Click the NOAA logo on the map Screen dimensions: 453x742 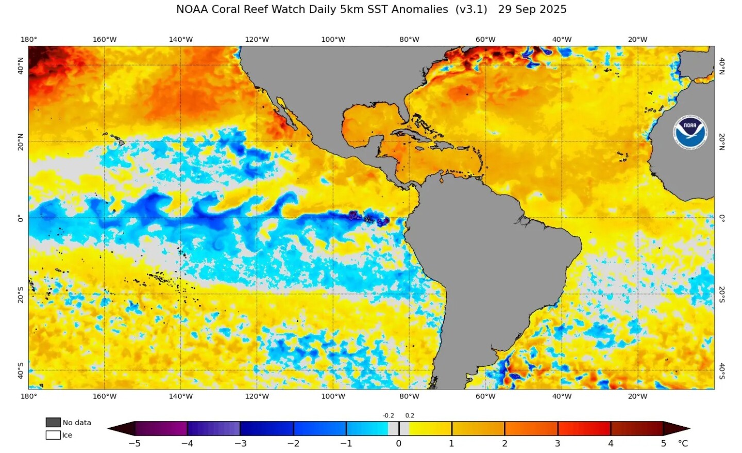[x=690, y=133]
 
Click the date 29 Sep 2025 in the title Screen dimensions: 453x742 [x=532, y=9]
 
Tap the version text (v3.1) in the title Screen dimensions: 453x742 [x=471, y=9]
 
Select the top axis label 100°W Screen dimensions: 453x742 [x=333, y=40]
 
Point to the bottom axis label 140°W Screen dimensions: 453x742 [x=180, y=396]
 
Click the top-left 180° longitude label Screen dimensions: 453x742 [x=29, y=40]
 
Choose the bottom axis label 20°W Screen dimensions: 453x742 [x=637, y=396]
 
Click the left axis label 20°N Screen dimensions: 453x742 [x=21, y=141]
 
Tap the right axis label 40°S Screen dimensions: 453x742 [x=722, y=370]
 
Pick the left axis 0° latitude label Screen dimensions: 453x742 [x=21, y=218]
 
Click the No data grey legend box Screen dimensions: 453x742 [x=53, y=423]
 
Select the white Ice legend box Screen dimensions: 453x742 [x=53, y=435]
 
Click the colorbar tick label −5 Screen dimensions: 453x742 [x=134, y=443]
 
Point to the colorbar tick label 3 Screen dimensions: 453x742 [x=558, y=443]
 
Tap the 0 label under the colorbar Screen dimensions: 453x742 [x=398, y=443]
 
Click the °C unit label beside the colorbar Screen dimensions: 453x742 [x=683, y=443]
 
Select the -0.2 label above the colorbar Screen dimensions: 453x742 [x=388, y=415]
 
